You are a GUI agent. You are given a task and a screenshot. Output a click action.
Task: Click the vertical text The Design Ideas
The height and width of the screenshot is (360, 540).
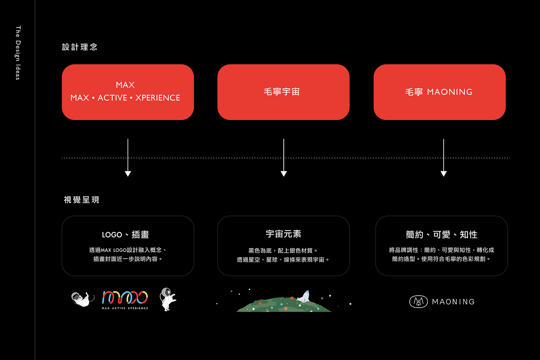(18, 53)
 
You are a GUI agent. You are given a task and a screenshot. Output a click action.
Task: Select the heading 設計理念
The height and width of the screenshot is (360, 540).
(80, 47)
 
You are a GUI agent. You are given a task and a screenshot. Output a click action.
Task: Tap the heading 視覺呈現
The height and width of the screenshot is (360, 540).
(81, 200)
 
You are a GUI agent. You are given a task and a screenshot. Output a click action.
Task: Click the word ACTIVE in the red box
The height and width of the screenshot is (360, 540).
(112, 98)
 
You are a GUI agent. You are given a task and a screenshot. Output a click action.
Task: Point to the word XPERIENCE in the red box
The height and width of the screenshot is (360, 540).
(158, 98)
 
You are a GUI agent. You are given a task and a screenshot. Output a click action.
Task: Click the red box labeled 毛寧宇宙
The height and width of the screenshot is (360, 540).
(283, 92)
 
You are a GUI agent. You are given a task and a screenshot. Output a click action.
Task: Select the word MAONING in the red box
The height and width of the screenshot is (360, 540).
(450, 92)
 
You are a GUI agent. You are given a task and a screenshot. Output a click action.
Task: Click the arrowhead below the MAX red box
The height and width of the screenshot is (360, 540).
(128, 174)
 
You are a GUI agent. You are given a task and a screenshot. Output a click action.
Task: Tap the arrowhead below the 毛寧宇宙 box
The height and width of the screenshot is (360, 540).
(284, 174)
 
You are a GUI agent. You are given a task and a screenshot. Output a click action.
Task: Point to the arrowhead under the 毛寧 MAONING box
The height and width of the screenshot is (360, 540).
(444, 174)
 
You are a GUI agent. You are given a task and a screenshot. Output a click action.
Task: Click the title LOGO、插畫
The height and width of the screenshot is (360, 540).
(125, 234)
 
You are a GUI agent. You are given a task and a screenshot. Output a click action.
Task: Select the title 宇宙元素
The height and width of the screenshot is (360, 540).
(284, 234)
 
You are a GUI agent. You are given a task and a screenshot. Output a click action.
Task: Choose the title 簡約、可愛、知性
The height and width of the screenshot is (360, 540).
(441, 234)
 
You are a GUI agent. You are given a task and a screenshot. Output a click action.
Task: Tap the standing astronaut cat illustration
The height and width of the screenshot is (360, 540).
(168, 299)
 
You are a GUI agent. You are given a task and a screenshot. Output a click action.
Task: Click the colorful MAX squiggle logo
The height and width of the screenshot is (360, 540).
(125, 297)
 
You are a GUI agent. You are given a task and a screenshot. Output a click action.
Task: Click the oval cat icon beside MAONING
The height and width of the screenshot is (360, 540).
(418, 302)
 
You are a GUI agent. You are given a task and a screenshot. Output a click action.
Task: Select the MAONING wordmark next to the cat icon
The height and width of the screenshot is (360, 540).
(453, 302)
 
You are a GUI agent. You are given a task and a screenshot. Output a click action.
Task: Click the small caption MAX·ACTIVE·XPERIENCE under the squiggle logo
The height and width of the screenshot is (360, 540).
(125, 308)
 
